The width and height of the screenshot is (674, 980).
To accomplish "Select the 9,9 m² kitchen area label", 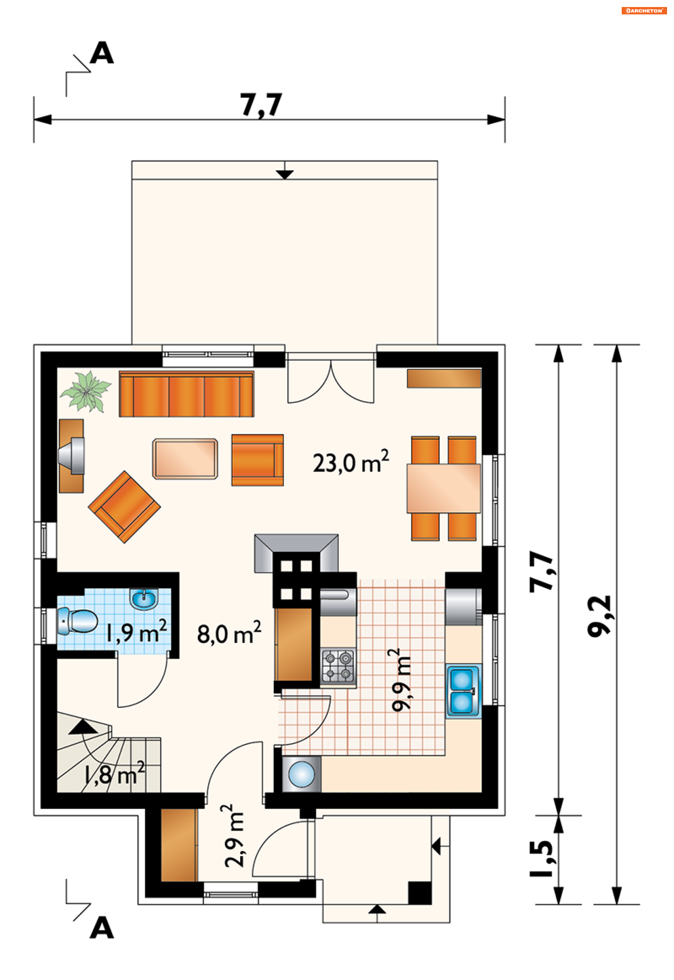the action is coord(400,680).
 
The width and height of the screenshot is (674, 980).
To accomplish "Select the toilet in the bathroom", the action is coord(77,620).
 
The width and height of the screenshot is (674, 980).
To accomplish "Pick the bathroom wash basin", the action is coord(144,599).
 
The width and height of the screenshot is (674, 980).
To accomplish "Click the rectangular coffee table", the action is coord(185,459).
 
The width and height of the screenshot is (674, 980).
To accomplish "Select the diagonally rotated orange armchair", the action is coord(124,507).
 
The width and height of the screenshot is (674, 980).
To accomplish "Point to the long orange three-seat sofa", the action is coord(186,394).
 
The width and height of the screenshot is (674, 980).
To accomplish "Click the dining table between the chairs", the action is coord(443,488).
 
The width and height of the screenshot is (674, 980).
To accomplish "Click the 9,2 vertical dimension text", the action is coord(599,616).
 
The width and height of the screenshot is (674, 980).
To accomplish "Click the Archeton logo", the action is coord(643,11).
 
